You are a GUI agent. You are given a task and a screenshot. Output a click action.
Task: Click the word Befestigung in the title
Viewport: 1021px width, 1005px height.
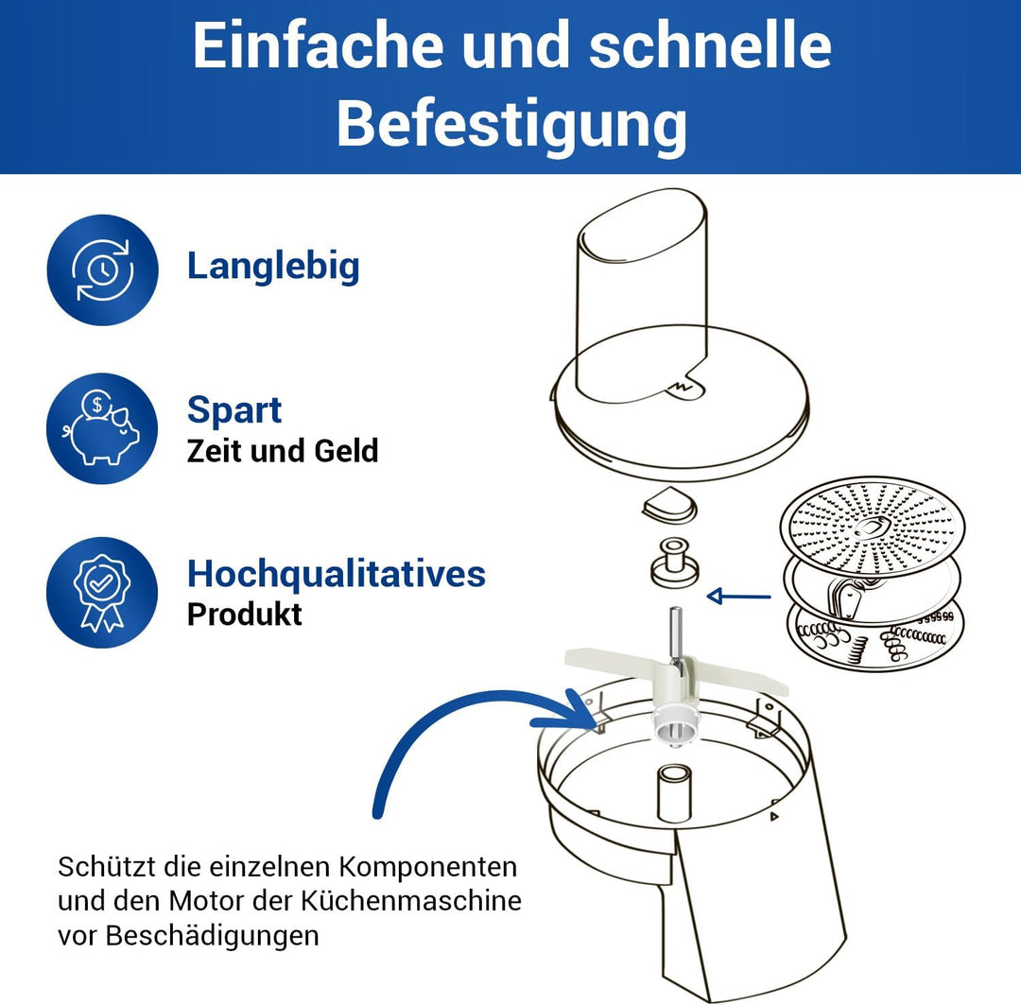[511, 125]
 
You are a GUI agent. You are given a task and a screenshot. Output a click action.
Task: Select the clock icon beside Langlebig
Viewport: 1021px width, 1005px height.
[102, 270]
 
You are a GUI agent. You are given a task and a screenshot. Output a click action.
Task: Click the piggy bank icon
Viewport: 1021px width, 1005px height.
[102, 429]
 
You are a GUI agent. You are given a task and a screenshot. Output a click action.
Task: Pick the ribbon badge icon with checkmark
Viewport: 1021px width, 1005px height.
[102, 593]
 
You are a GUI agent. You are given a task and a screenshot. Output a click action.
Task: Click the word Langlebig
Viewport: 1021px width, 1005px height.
[273, 266]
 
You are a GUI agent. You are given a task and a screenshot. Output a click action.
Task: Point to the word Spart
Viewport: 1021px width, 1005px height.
[234, 410]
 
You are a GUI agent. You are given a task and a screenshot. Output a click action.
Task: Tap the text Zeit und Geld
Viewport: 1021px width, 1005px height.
[283, 451]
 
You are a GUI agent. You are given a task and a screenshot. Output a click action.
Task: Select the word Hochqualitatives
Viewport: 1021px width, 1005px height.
[336, 574]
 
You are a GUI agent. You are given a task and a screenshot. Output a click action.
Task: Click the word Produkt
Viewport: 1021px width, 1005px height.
[244, 615]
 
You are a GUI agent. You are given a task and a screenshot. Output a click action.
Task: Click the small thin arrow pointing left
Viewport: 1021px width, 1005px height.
[738, 596]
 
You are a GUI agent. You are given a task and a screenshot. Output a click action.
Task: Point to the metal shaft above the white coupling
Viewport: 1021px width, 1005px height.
[675, 637]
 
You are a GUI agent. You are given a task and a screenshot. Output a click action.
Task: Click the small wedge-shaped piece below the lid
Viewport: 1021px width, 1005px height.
[669, 509]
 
